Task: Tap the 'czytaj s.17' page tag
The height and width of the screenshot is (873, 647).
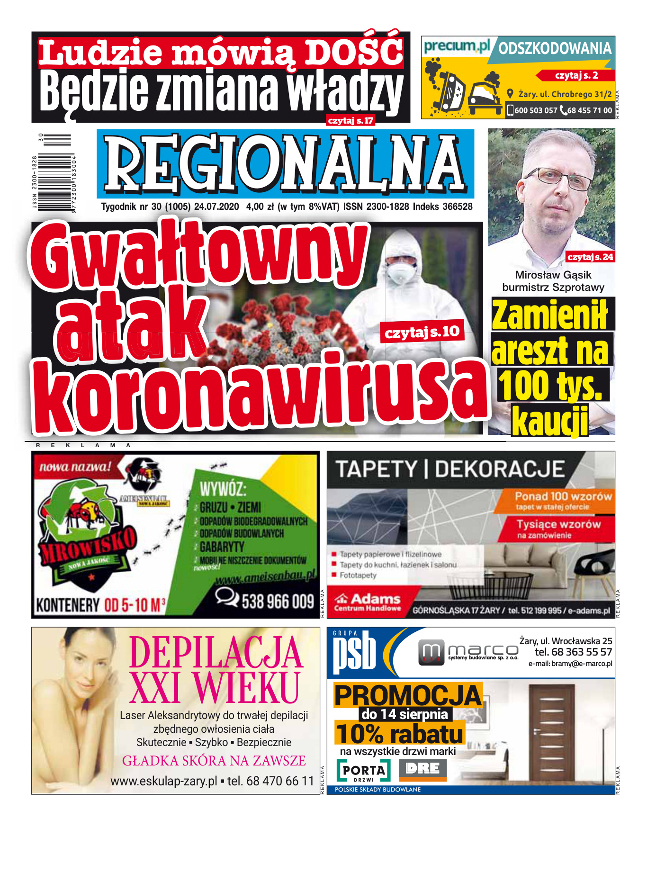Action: tap(350, 121)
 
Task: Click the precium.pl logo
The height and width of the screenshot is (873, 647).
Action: tap(456, 46)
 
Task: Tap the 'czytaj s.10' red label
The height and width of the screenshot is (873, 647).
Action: tap(422, 332)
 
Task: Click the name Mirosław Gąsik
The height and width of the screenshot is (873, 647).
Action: tap(553, 275)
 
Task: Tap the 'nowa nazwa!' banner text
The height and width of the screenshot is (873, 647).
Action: tap(75, 467)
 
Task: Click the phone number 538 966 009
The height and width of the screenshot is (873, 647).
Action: tap(278, 602)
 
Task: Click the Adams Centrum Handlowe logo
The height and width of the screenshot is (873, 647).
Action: tap(368, 602)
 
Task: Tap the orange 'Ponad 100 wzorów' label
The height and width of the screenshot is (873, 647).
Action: tap(563, 496)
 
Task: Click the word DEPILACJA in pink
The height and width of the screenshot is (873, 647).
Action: tap(216, 653)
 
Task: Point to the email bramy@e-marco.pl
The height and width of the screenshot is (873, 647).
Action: tap(570, 664)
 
